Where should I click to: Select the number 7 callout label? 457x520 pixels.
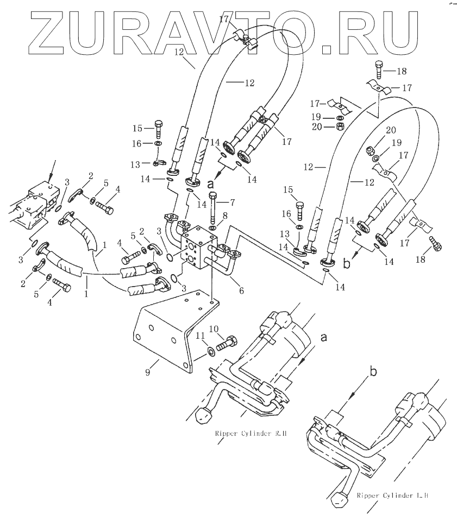(x=232, y=202)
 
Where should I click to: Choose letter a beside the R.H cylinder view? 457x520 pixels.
(x=324, y=338)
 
